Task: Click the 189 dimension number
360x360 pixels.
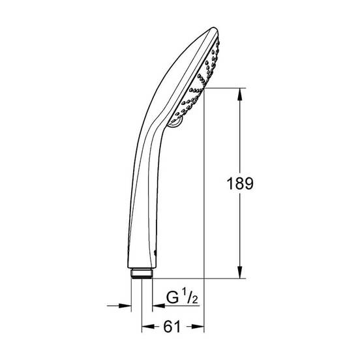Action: pyautogui.click(x=240, y=184)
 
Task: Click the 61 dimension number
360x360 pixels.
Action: pyautogui.click(x=172, y=327)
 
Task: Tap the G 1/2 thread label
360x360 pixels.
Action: pyautogui.click(x=182, y=297)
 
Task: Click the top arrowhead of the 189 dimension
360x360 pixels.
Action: pyautogui.click(x=240, y=94)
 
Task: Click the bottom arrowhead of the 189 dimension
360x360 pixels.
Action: pyautogui.click(x=240, y=273)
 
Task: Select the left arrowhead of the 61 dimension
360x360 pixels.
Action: pyautogui.click(x=148, y=326)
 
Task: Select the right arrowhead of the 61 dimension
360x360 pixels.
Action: pyautogui.click(x=198, y=326)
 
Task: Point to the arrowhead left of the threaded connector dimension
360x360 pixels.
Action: pyautogui.click(x=125, y=306)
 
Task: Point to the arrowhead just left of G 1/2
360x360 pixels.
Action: pyautogui.click(x=158, y=306)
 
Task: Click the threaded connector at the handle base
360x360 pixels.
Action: pyautogui.click(x=142, y=273)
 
